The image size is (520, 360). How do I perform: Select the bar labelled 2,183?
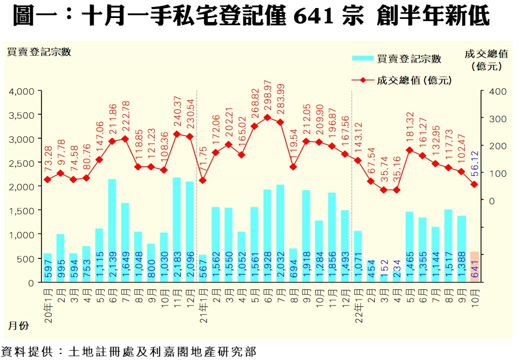coord(177,230)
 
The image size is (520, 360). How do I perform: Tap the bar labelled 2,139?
coord(112,231)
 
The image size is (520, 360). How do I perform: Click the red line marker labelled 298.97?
coord(267,118)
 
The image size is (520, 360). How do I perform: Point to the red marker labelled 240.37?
coord(177,134)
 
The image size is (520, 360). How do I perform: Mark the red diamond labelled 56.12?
coord(474,185)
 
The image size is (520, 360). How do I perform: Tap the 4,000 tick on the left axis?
coord(21,91)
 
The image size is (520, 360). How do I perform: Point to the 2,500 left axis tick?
coord(21,163)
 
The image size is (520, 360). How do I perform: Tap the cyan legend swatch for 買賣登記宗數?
coord(363,58)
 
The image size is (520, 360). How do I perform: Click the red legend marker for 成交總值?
coord(363,80)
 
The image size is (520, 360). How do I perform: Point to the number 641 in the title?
coord(314,17)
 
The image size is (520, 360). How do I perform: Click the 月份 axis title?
coord(18,326)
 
